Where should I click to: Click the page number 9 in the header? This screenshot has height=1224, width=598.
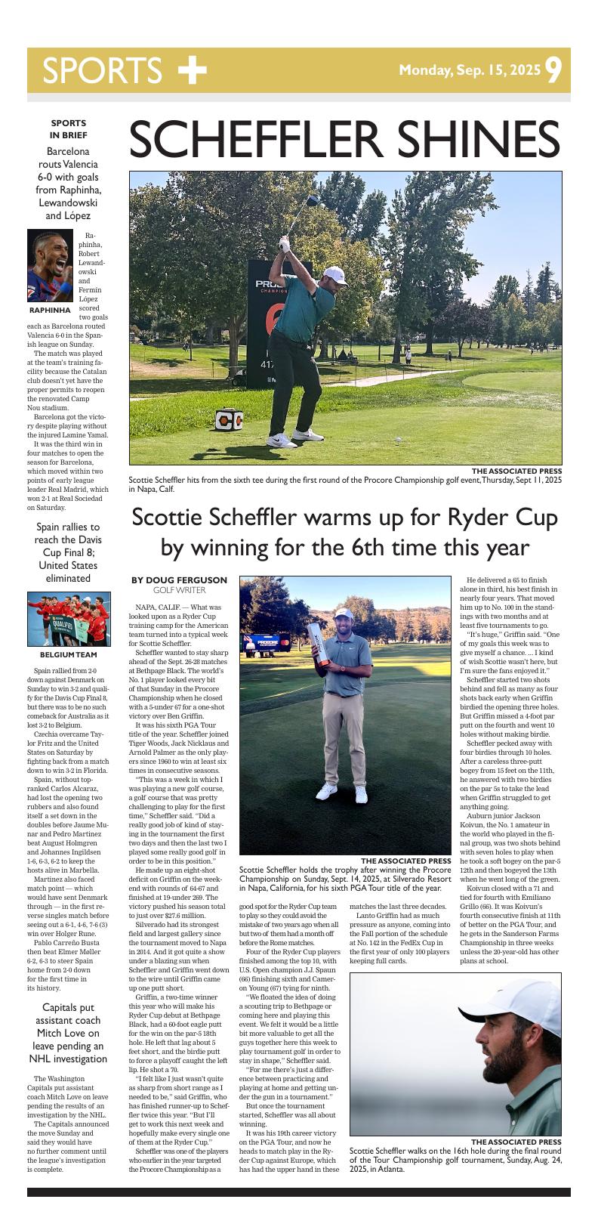click(553, 71)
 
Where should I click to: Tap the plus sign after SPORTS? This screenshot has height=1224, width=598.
click(192, 70)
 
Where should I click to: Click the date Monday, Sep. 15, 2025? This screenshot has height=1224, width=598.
click(470, 71)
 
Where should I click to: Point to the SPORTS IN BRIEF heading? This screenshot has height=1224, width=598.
click(68, 128)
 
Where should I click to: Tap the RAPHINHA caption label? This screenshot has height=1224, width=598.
click(50, 311)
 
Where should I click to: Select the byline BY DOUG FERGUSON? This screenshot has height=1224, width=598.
click(179, 580)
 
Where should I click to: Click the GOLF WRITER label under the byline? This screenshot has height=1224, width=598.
click(179, 589)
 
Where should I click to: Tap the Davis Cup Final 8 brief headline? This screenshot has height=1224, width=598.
click(68, 552)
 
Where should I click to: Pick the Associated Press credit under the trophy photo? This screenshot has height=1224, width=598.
click(405, 861)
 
